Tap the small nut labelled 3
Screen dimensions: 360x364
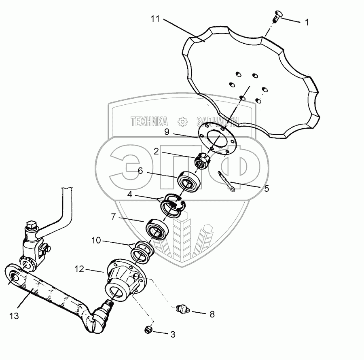coord(148,330)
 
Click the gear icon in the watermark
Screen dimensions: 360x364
coord(183,121)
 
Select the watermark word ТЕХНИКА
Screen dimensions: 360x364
coord(149,121)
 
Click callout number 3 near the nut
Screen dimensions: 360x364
coord(173,335)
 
